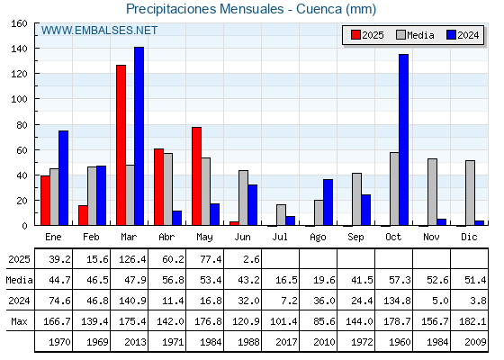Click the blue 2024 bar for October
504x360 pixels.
point(404,139)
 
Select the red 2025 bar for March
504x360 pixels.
point(121,145)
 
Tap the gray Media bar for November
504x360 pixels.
point(432,193)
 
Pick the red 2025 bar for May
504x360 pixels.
point(197,176)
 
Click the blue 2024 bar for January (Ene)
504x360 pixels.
point(63,178)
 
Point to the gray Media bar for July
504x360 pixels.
point(281,215)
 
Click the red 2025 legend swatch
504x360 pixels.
point(355,35)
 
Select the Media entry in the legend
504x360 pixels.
point(415,35)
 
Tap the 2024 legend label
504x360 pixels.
point(468,35)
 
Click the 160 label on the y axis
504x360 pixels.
point(19,23)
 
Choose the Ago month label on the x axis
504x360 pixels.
point(319,238)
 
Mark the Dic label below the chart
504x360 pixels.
point(469,237)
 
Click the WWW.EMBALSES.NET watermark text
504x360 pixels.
point(99,31)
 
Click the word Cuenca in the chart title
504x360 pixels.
point(319,9)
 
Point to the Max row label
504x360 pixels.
point(19,321)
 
